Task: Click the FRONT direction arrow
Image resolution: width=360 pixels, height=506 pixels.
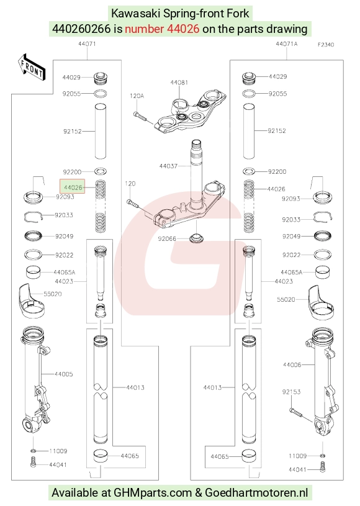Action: pos(32,67)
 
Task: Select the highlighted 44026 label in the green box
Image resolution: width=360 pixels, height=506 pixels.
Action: pos(73,186)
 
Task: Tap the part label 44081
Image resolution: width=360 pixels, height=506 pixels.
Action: pos(179,83)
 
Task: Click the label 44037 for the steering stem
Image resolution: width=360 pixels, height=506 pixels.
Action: pos(168,166)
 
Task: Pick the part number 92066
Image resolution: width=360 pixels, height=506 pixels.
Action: pos(167,238)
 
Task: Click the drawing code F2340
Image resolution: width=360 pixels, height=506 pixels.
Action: pos(326,45)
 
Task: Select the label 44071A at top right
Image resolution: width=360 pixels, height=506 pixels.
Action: pos(287,43)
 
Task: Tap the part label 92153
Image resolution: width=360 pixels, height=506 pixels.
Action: pos(291,391)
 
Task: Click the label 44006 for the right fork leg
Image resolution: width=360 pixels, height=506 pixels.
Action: pos(292,364)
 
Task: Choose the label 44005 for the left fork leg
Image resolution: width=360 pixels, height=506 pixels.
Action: pos(63,374)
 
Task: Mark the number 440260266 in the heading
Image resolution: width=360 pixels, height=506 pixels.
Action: pos(81,29)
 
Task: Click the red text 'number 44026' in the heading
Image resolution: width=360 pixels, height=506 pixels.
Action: pos(162,29)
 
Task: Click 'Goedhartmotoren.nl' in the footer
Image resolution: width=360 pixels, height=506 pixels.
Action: pos(256,493)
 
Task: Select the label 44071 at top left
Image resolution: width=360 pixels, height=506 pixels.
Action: pos(87,43)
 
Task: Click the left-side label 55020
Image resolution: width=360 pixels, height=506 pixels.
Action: pos(53,294)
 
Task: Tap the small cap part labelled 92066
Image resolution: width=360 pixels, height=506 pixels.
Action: pos(196,238)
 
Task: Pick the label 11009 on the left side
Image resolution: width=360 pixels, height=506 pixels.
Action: pos(58,451)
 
